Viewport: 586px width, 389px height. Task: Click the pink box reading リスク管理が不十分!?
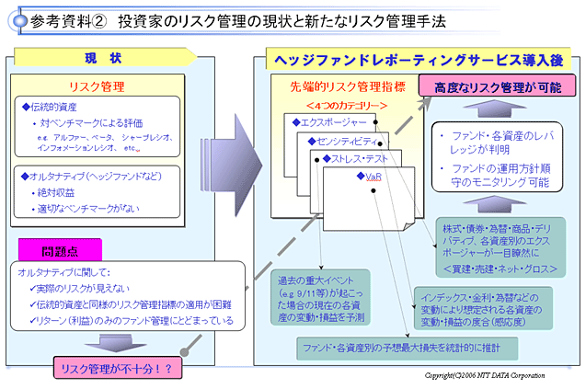[116, 370]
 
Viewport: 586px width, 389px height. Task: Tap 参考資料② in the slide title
[65, 19]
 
